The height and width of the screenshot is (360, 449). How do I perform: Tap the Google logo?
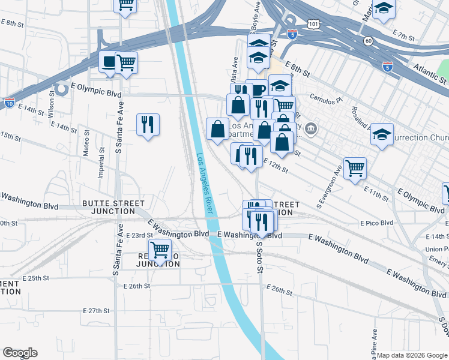pos(20,353)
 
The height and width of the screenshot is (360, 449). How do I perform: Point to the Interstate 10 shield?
pos(8,103)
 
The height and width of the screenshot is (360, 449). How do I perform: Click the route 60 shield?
pos(367,40)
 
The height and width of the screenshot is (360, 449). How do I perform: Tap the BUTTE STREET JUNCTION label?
pos(109,207)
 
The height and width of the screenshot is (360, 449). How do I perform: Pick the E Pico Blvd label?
pos(376,223)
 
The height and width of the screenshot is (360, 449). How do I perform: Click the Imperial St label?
pos(101,166)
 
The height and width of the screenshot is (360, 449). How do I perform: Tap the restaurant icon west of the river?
pos(148,125)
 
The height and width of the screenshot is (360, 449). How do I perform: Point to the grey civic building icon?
pos(311,128)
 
